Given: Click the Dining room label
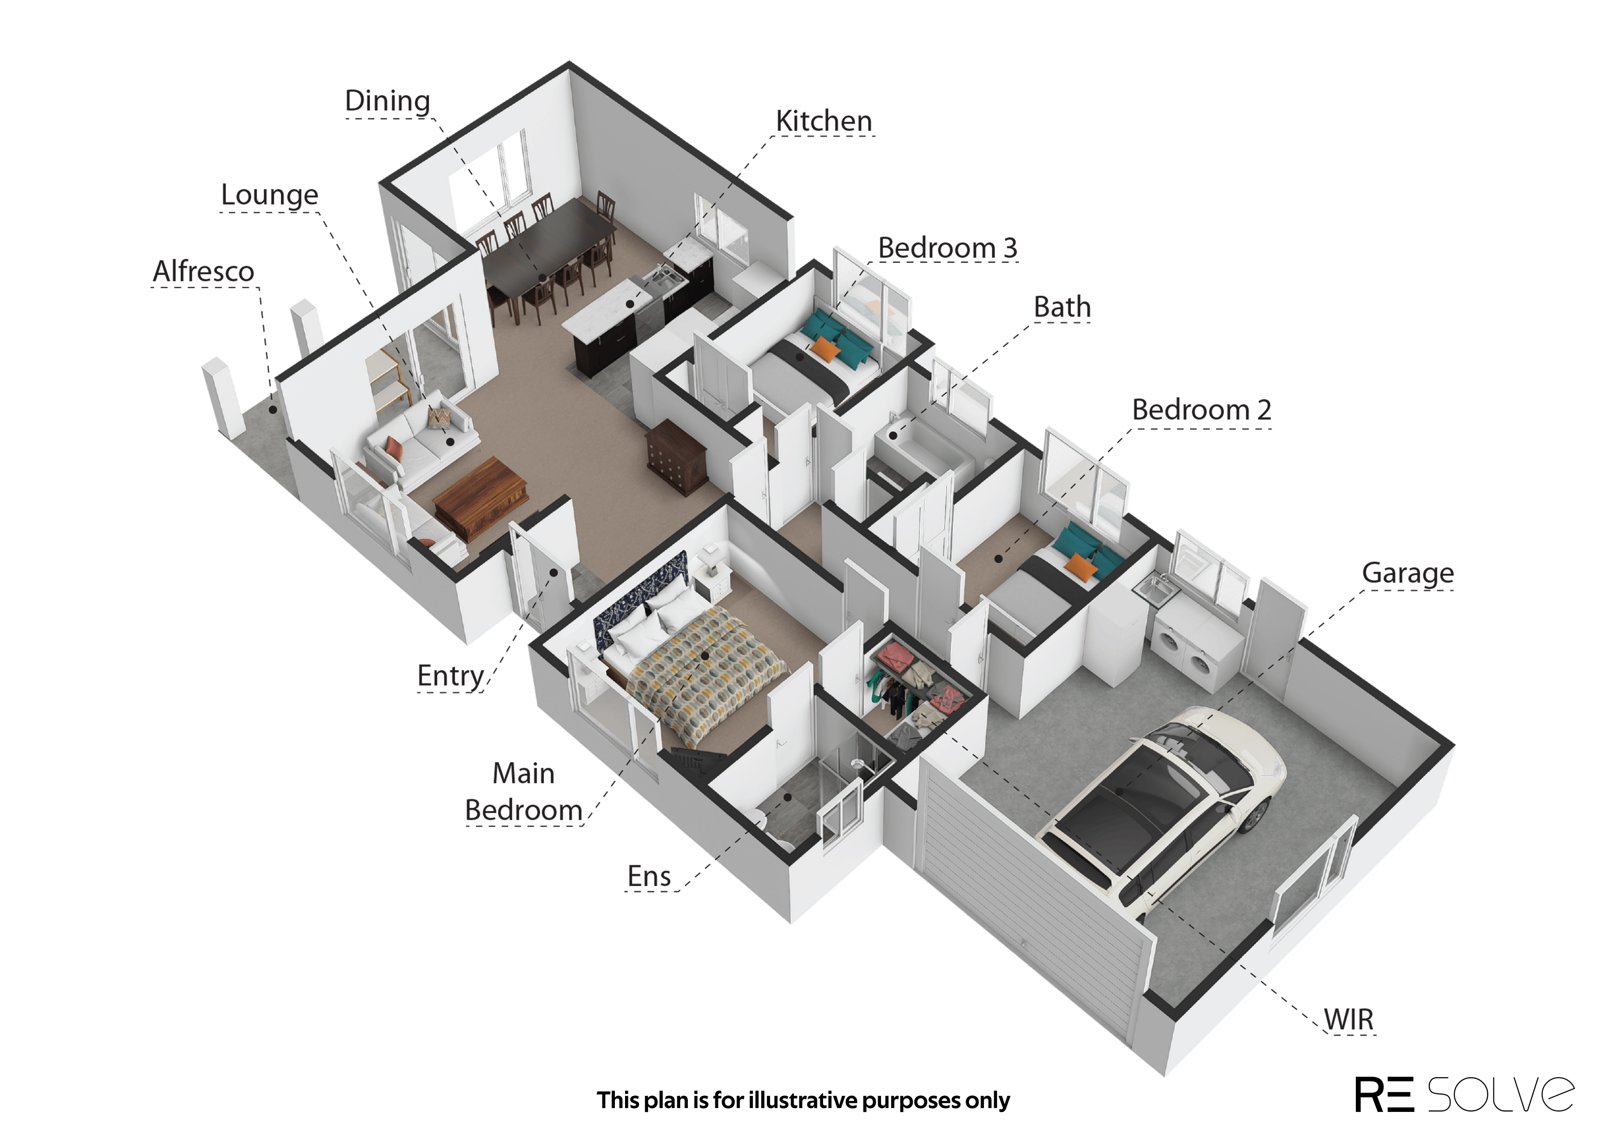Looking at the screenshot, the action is click(x=387, y=101).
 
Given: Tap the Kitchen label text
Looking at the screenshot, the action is click(x=824, y=121).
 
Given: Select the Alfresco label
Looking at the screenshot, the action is click(x=203, y=271).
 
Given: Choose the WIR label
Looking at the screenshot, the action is click(x=1349, y=1020).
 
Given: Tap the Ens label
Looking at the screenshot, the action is click(x=649, y=876).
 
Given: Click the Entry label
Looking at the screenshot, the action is click(x=451, y=677).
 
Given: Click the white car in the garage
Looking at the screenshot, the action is click(x=1164, y=806).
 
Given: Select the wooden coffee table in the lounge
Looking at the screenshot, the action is click(x=481, y=496).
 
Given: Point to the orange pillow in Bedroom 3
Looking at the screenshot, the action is click(x=825, y=348).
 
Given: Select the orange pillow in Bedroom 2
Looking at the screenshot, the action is click(x=1080, y=566).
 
